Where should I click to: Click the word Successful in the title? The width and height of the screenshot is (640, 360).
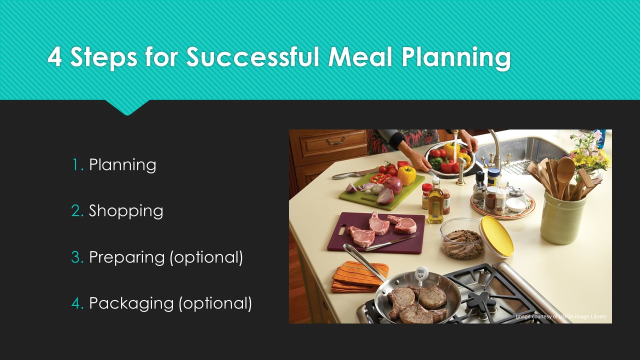pyautogui.click(x=252, y=56)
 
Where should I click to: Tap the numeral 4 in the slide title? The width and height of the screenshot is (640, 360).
pyautogui.click(x=54, y=57)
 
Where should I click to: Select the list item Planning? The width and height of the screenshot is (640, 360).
pyautogui.click(x=122, y=165)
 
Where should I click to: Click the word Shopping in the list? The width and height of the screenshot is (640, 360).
pyautogui.click(x=126, y=211)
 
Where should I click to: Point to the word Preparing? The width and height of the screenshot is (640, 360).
pyautogui.click(x=127, y=257)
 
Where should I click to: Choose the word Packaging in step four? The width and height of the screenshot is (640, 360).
pyautogui.click(x=131, y=303)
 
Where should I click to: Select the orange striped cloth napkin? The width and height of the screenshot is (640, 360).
pyautogui.click(x=360, y=277)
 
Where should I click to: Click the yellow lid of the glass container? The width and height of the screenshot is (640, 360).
pyautogui.click(x=496, y=236)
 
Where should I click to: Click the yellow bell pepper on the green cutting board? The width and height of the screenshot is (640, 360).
pyautogui.click(x=406, y=175)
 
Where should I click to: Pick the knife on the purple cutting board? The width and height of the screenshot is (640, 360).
pyautogui.click(x=390, y=243)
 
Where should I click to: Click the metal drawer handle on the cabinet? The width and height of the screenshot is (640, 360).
pyautogui.click(x=335, y=140)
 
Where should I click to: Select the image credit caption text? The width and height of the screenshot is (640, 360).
pyautogui.click(x=561, y=316)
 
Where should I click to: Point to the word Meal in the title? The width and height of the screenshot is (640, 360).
pyautogui.click(x=360, y=56)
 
